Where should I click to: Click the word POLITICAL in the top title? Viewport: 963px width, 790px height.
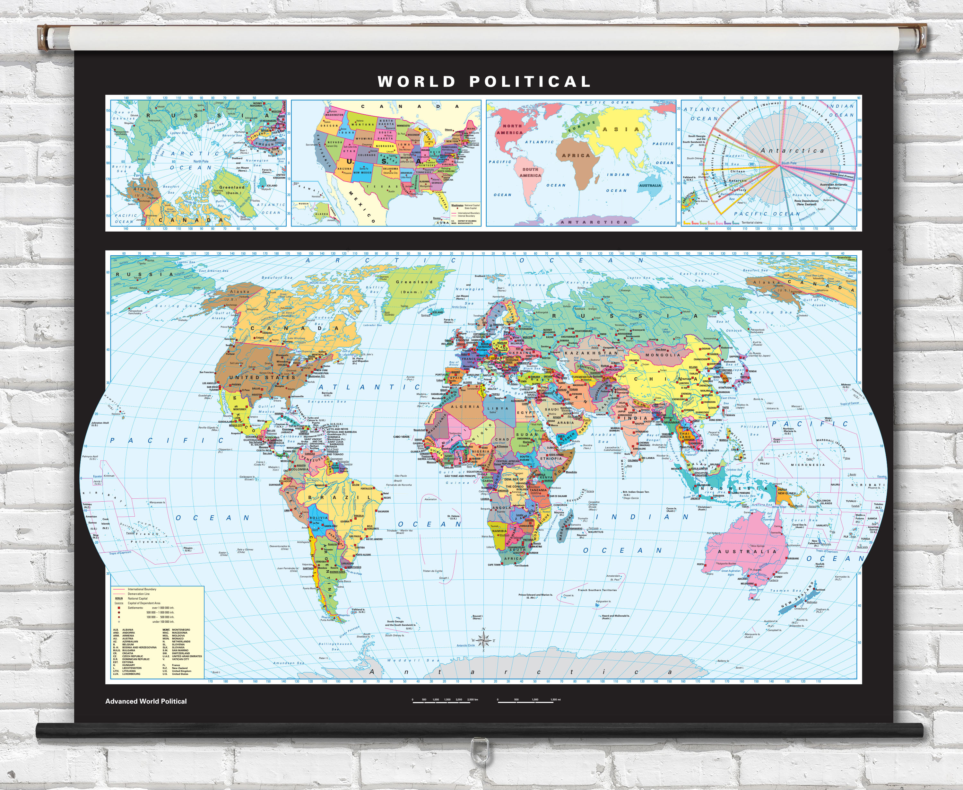tap(530, 82)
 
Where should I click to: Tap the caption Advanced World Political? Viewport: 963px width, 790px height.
tap(146, 701)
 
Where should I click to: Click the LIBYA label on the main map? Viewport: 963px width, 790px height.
tap(498, 408)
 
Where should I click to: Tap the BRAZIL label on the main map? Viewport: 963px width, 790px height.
tap(339, 498)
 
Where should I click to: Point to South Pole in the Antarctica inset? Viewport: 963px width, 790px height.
tap(789, 163)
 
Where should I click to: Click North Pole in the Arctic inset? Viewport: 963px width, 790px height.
tap(201, 161)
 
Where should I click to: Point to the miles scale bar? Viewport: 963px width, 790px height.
tap(528, 702)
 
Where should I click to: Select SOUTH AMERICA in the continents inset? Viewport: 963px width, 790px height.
tap(530, 172)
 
